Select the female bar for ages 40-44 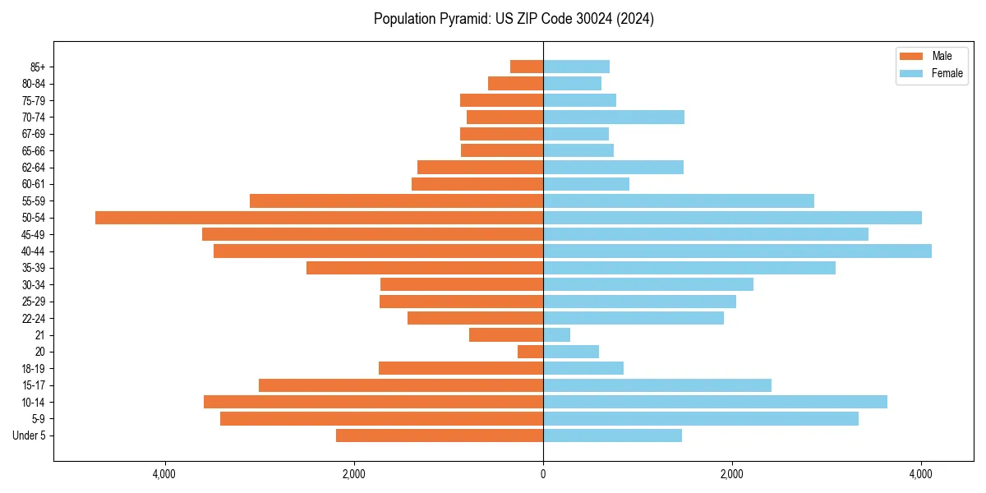tap(737, 251)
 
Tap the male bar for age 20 tap(530, 352)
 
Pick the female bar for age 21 tap(556, 335)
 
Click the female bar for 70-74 tap(613, 117)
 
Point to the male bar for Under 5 tap(440, 435)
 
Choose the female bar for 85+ tap(576, 67)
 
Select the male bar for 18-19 tap(461, 368)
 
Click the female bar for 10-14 tap(715, 402)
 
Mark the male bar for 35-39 tap(425, 268)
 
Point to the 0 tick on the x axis tap(543, 475)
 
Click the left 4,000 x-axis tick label tap(164, 475)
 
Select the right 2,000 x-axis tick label tap(731, 475)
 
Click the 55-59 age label tap(34, 201)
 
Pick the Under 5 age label tap(29, 435)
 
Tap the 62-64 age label tap(34, 168)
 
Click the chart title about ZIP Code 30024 tap(514, 19)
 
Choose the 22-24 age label tap(34, 319)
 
